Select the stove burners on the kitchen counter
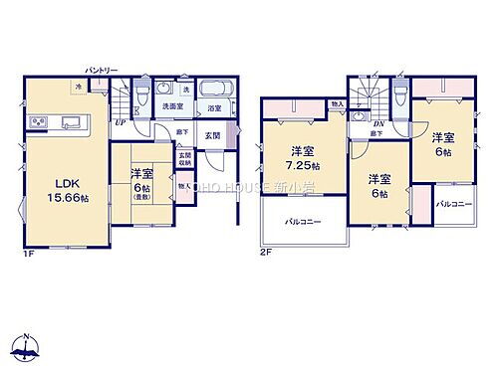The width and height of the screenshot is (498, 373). (39, 122)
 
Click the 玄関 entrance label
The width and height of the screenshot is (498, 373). (211, 135)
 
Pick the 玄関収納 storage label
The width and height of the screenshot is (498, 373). (184, 159)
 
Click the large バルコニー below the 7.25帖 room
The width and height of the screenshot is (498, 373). (302, 220)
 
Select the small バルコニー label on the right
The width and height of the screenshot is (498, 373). (453, 203)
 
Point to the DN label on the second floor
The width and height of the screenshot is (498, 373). (378, 121)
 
